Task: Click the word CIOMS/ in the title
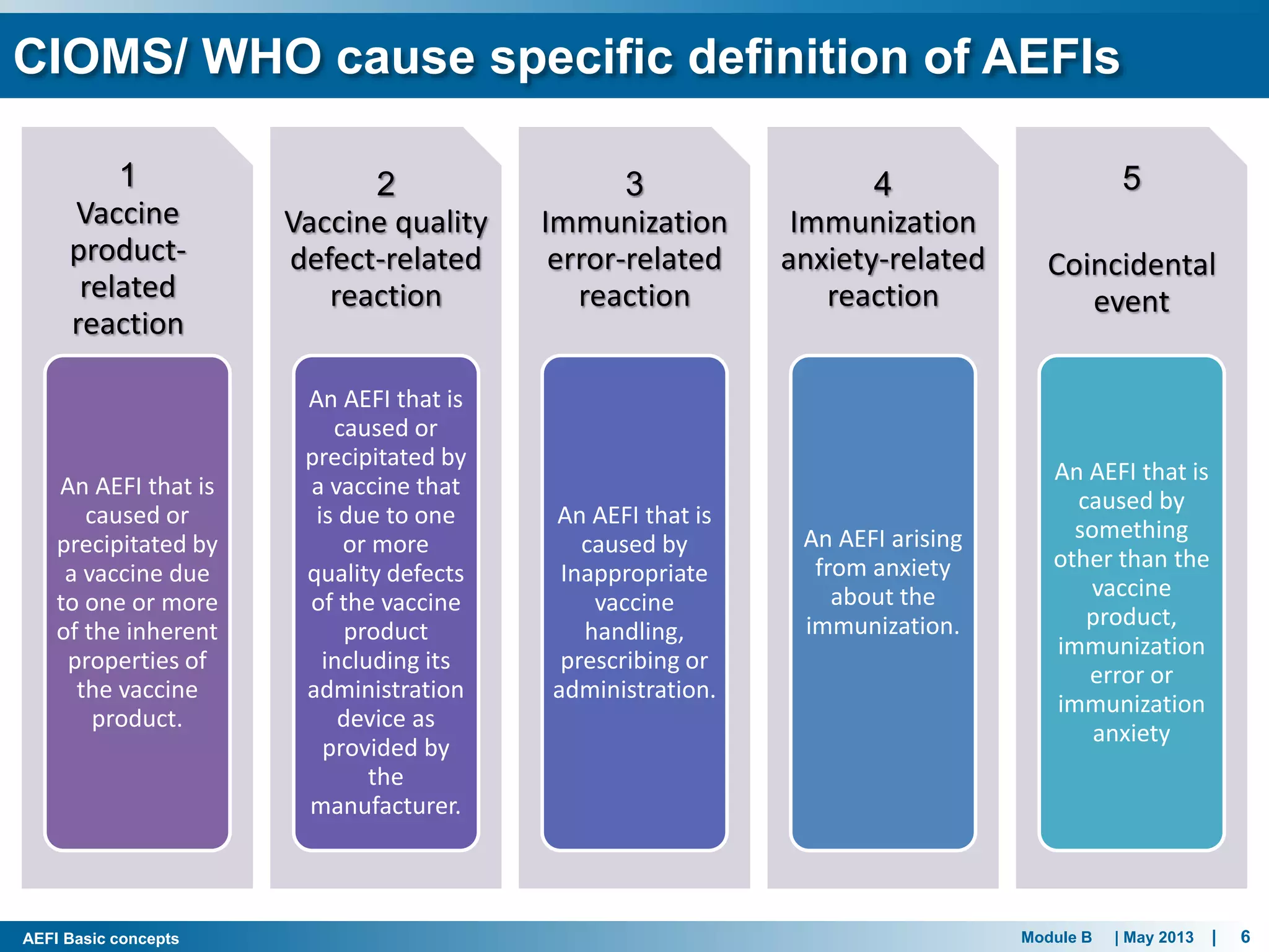tap(99, 57)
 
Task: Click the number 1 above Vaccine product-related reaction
tap(128, 175)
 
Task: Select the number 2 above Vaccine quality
tap(385, 184)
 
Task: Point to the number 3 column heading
tap(634, 184)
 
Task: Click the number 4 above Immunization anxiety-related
tap(882, 184)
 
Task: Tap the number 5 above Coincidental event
tap(1131, 178)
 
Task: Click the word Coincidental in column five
tap(1131, 265)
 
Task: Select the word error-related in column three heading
tap(634, 259)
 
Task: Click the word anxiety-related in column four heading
tap(882, 259)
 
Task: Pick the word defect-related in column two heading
tap(385, 259)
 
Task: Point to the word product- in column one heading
tap(128, 250)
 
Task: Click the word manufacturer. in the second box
tap(385, 806)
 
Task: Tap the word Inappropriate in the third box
tap(634, 573)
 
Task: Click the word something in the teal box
tap(1131, 530)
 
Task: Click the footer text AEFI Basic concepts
tap(100, 938)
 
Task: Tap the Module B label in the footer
tap(1056, 937)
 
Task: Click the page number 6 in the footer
tap(1245, 937)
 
